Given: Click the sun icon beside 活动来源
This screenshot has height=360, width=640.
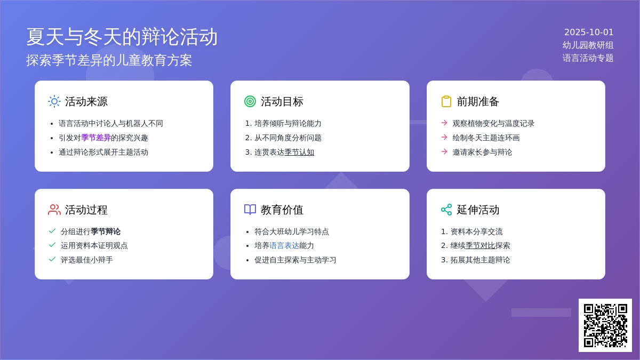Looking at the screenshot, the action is pos(54,101).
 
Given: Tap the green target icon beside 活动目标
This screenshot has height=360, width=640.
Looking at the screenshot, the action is pos(250,101).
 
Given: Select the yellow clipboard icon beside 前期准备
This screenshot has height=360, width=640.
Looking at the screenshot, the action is pos(446,101).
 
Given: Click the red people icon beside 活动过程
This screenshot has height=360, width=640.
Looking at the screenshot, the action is pos(54,210).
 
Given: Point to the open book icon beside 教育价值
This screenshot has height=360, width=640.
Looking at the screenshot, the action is pos(250,210).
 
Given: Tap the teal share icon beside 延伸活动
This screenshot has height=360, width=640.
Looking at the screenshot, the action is pos(446,210).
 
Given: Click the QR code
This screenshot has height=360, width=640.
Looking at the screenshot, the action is pos(605,325).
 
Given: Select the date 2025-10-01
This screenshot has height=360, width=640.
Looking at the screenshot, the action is pos(589,33).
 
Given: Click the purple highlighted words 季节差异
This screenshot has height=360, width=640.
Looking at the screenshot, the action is pos(95,138).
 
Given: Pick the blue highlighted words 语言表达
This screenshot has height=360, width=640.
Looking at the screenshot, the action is pos(284,245).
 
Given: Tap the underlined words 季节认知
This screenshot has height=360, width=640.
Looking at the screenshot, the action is pos(299,153).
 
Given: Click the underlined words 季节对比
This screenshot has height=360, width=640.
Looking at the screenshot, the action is pos(480,245).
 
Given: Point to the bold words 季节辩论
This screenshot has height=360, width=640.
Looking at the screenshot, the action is pos(106,231).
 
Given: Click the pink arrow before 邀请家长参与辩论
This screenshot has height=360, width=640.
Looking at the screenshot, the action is pos(444,151).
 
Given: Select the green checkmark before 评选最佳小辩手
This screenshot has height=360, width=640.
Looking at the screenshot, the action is pos(52,259).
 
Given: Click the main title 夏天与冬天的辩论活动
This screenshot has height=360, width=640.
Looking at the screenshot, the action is pos(122,37).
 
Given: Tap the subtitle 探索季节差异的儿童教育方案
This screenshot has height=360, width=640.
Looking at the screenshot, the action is pos(109,60).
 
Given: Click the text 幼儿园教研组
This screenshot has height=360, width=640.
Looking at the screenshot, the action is pos(588,45).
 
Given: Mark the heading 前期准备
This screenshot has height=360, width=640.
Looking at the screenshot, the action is pos(478,101).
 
